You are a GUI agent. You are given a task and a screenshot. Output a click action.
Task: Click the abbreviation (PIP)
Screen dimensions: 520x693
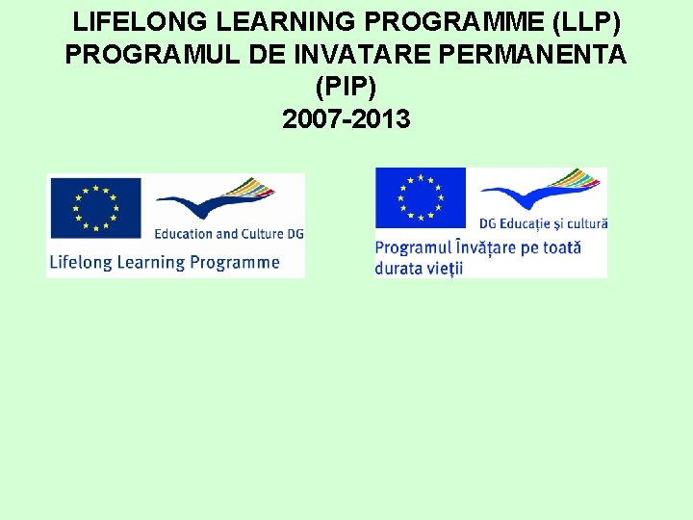click(346, 87)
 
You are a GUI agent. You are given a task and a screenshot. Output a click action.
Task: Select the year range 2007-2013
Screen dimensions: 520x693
click(346, 119)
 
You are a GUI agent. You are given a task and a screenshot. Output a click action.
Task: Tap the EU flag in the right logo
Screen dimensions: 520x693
click(421, 199)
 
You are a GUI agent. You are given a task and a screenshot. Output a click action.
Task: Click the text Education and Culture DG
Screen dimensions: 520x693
click(228, 234)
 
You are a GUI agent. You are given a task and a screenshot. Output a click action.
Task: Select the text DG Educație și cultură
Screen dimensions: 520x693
click(543, 224)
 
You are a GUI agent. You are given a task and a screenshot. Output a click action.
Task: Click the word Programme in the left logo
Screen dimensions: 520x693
click(234, 262)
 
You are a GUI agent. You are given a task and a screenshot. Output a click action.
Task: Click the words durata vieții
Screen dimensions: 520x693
click(419, 268)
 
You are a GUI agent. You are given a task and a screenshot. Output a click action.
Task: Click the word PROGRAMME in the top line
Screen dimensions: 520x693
click(452, 20)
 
